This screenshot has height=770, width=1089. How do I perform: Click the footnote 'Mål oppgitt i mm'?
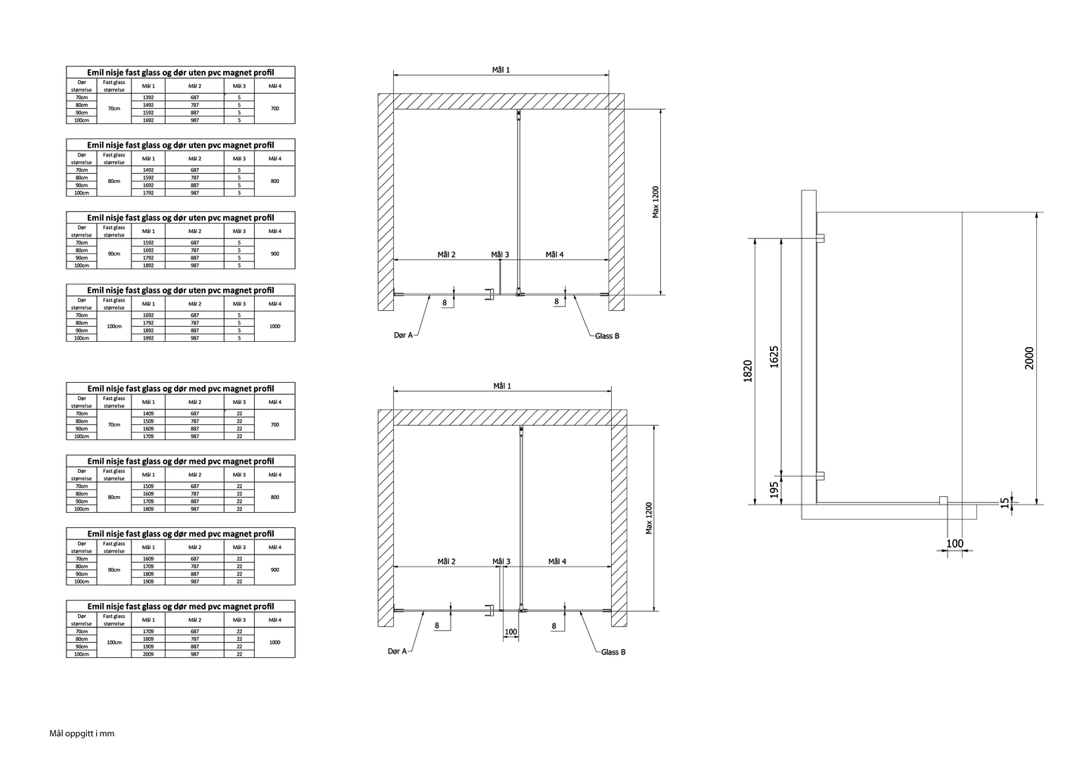pyautogui.click(x=82, y=734)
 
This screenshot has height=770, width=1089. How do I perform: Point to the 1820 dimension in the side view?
pyautogui.click(x=747, y=371)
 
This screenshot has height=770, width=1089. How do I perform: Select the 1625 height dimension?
pyautogui.click(x=774, y=356)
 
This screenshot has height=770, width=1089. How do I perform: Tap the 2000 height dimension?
pyautogui.click(x=1029, y=358)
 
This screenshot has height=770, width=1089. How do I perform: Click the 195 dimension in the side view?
pyautogui.click(x=774, y=489)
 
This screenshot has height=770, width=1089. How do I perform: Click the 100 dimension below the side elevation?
pyautogui.click(x=954, y=543)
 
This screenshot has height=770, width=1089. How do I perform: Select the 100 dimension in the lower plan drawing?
pyautogui.click(x=510, y=632)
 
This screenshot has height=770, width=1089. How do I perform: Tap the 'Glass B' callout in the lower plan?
pyautogui.click(x=613, y=652)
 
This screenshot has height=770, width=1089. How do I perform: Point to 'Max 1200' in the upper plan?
pyautogui.click(x=656, y=202)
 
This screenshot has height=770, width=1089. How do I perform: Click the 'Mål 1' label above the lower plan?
pyautogui.click(x=502, y=386)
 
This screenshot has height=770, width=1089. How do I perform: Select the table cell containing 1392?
pyautogui.click(x=148, y=98)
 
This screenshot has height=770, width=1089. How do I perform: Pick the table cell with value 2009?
pyautogui.click(x=148, y=654)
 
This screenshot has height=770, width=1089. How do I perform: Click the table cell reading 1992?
pyautogui.click(x=148, y=338)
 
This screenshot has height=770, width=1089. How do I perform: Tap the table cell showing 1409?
pyautogui.click(x=148, y=414)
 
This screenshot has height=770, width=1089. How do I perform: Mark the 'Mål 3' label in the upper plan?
pyautogui.click(x=500, y=255)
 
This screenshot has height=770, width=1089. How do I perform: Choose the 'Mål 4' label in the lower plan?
pyautogui.click(x=557, y=561)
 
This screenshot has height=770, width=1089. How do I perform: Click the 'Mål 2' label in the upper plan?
pyautogui.click(x=446, y=255)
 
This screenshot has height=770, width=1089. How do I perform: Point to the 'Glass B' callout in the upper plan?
pyautogui.click(x=607, y=336)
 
